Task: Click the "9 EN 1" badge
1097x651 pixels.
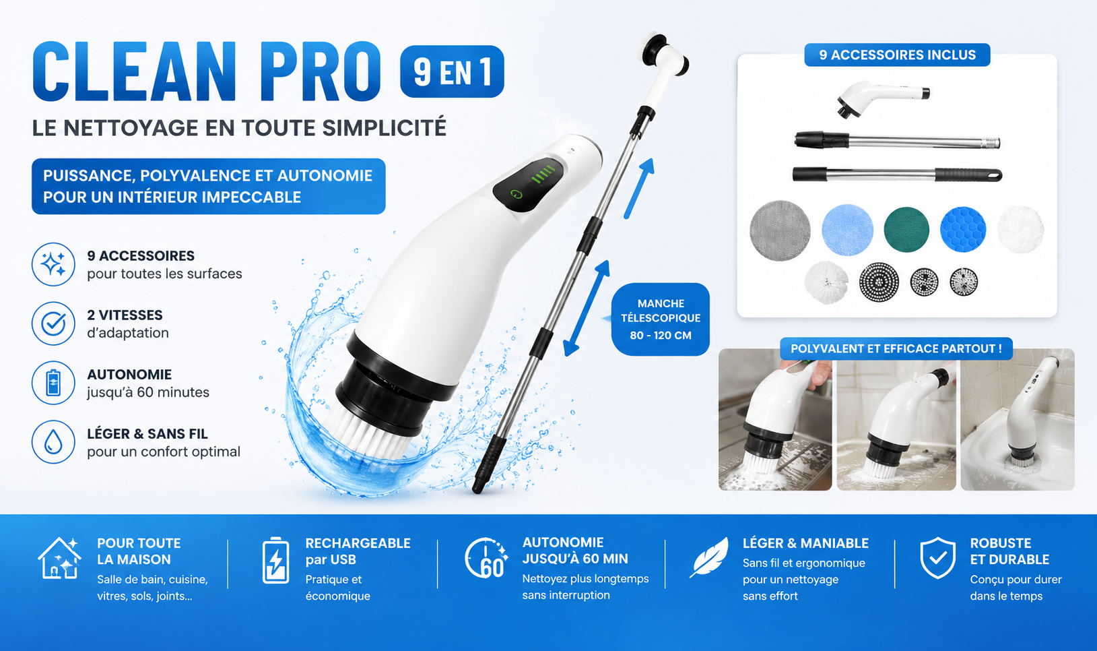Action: point(452,71)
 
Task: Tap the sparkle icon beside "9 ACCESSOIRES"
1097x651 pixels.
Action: point(53,264)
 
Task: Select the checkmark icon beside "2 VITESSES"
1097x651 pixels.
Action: point(53,323)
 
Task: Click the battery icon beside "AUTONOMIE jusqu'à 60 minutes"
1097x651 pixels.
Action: point(53,383)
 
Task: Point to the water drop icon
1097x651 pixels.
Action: point(53,442)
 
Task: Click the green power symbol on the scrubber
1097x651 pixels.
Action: point(517,194)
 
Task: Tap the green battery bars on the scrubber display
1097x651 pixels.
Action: point(544,174)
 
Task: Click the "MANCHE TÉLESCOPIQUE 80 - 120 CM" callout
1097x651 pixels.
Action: point(660,319)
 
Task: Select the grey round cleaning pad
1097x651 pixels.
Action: point(780,230)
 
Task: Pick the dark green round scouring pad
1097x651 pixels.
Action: point(906,229)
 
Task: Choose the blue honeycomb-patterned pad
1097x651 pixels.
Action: point(963,229)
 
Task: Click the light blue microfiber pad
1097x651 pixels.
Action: point(847,230)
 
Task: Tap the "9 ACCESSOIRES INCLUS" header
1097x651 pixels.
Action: point(897,55)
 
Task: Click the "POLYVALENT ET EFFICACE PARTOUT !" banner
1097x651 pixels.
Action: point(896,348)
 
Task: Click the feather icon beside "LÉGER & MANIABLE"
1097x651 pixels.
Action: point(709,557)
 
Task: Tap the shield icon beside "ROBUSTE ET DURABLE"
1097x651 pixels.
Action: point(938,558)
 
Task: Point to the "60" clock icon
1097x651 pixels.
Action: point(486,559)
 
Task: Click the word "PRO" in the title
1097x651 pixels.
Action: point(321,71)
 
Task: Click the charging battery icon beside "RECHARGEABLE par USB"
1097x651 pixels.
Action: point(275,560)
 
